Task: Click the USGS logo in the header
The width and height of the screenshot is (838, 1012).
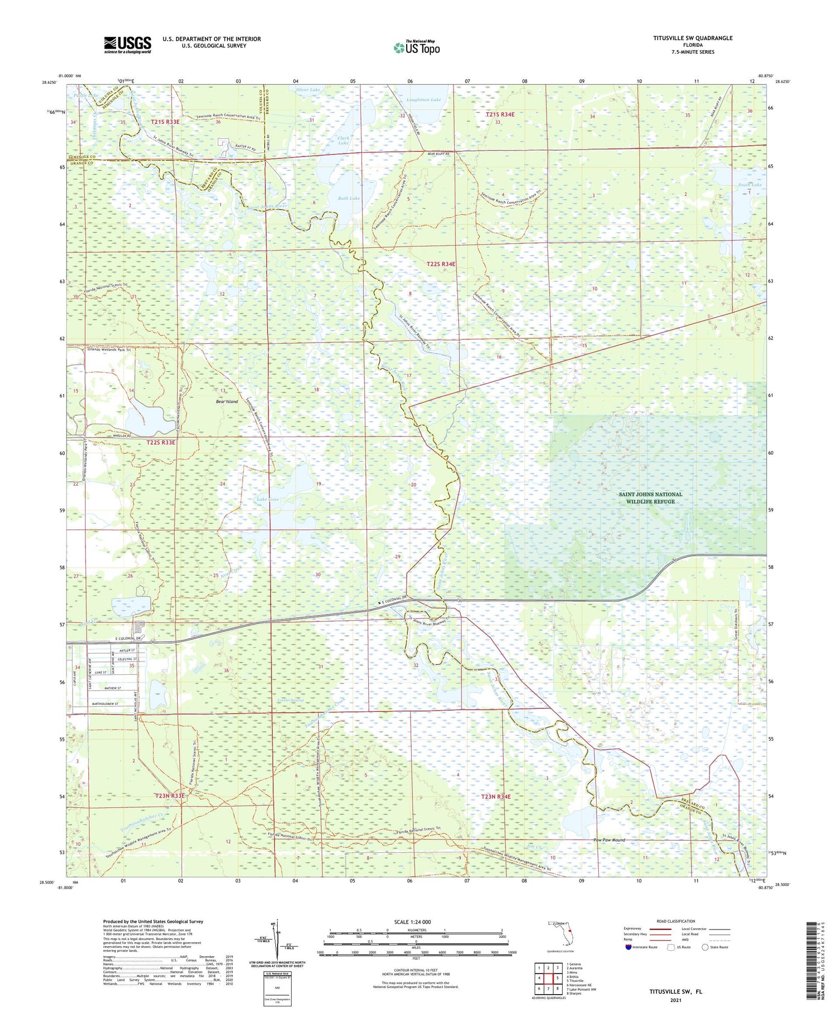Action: (127, 45)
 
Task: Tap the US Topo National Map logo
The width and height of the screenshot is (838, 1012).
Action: (417, 47)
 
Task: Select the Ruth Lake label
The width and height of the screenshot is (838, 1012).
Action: (349, 198)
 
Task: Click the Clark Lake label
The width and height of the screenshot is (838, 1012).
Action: (343, 140)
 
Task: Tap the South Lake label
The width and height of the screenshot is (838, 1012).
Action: (749, 184)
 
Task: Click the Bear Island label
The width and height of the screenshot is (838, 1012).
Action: (227, 401)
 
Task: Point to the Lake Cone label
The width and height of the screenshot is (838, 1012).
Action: (267, 499)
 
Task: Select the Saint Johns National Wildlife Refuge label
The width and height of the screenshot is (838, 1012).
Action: (650, 497)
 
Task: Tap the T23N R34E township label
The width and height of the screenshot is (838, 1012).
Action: (496, 797)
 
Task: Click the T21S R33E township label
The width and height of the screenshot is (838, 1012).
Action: (165, 121)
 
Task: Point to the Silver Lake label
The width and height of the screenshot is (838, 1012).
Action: (308, 89)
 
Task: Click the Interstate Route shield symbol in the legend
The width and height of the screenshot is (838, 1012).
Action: (628, 947)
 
